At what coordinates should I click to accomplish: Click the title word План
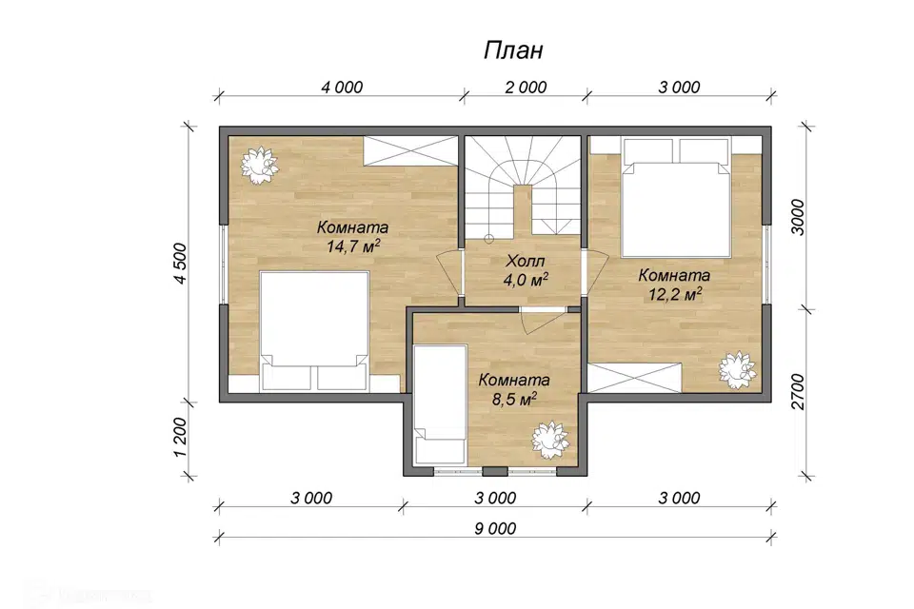coord(513,50)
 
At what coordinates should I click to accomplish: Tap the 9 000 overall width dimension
coord(495,528)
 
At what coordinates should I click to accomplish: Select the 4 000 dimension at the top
coord(342,88)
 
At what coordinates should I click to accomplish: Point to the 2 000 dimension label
coord(526,88)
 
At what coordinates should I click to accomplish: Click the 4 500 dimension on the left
coord(181,264)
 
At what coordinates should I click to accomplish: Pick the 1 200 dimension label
coord(181,439)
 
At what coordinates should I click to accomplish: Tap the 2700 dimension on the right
coord(798,392)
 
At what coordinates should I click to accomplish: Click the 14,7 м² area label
coord(353,246)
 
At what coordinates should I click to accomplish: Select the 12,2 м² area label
coord(675,294)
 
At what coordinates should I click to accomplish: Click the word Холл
coord(526,260)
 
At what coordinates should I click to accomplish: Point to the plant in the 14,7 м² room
coord(259,165)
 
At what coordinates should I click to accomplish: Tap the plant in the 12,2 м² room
coord(737,370)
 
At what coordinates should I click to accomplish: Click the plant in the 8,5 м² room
coord(550,440)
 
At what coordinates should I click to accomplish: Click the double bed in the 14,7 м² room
coord(314,330)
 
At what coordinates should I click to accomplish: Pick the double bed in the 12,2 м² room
coord(676,197)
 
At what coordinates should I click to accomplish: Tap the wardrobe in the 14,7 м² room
coord(411,150)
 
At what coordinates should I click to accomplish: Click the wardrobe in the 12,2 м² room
coord(635,377)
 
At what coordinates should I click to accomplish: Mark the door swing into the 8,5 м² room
coord(542,322)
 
